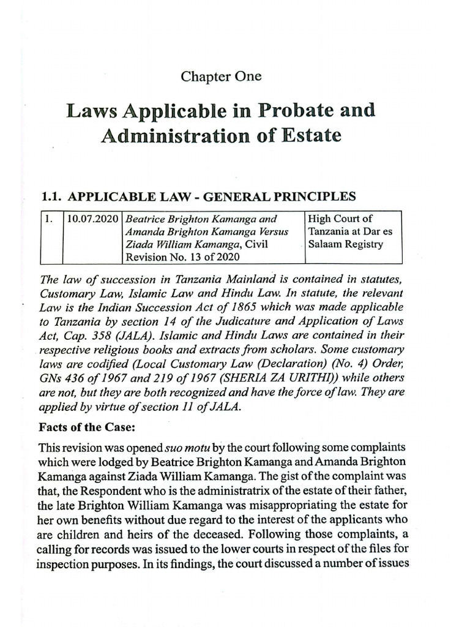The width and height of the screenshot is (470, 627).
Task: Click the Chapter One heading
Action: [221, 77]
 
